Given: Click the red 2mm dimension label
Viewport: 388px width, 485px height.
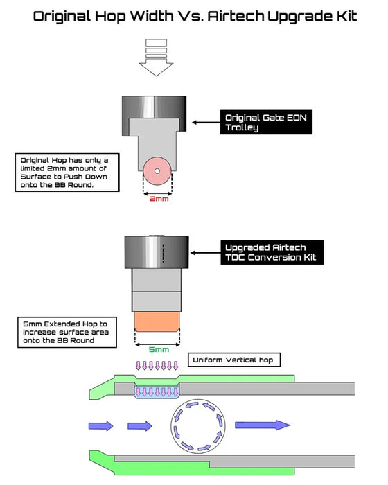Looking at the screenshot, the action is [x=159, y=199].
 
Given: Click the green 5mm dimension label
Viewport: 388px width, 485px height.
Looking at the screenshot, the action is [x=159, y=349].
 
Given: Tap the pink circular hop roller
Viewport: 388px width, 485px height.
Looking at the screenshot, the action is [x=157, y=171].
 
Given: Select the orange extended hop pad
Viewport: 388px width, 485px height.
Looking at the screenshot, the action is [x=157, y=321].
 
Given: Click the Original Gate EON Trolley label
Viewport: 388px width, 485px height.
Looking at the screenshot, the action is [x=266, y=122].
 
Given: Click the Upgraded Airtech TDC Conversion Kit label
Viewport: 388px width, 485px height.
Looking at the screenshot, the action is [x=272, y=252].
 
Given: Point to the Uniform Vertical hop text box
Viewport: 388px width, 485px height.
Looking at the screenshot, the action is [x=234, y=360].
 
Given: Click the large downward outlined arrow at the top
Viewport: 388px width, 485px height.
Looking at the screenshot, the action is [x=157, y=58].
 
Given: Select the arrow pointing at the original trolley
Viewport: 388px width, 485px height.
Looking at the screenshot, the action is [x=206, y=123].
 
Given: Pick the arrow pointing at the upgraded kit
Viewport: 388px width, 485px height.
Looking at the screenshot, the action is [x=206, y=253].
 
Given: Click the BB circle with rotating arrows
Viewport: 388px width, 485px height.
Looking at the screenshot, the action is [x=198, y=426].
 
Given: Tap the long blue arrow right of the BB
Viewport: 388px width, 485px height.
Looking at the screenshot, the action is [x=263, y=425].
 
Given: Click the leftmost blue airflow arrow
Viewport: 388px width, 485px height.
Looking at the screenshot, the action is [x=101, y=426].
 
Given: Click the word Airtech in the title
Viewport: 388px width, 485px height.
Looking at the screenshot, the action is [x=236, y=16].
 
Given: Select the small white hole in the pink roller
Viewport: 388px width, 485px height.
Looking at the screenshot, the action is [x=157, y=171].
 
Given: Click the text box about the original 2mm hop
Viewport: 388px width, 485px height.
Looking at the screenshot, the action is [x=67, y=173].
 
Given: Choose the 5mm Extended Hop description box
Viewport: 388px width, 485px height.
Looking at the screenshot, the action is [x=67, y=332].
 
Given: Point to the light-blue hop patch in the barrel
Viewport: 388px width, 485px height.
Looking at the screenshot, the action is [x=157, y=391].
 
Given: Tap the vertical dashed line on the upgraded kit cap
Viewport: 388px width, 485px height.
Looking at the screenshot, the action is [x=163, y=254].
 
